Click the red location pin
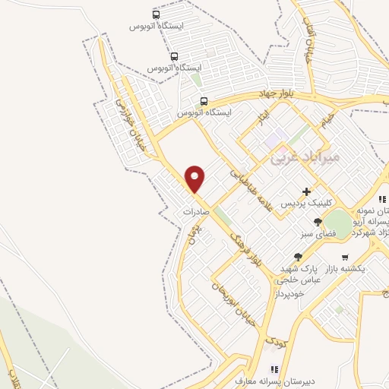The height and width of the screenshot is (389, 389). click(x=195, y=179)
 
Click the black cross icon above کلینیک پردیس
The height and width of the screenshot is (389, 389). click(x=306, y=191)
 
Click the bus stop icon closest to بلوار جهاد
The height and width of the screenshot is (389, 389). click(x=204, y=101)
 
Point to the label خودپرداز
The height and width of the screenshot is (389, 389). click(x=288, y=293)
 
